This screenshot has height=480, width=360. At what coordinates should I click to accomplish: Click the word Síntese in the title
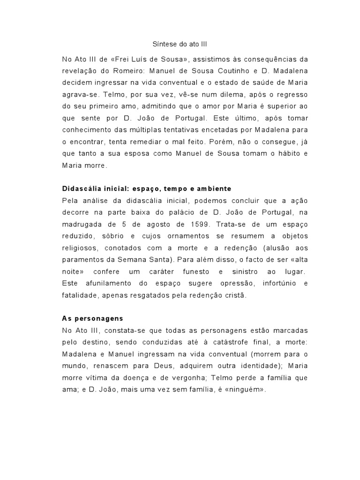163,45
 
